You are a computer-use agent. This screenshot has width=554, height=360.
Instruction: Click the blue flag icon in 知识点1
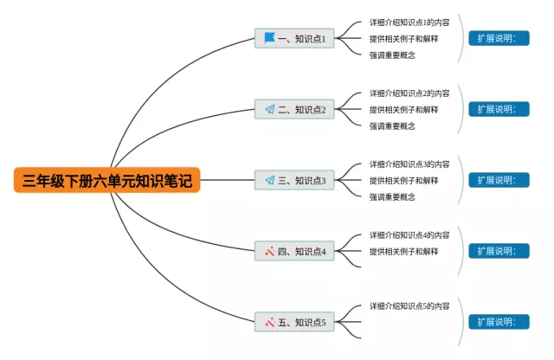tap(269, 38)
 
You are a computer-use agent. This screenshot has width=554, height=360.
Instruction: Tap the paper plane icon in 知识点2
tap(269, 110)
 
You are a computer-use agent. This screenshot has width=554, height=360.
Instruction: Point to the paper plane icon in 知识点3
tap(269, 180)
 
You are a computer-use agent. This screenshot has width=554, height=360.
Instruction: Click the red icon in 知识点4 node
tap(269, 252)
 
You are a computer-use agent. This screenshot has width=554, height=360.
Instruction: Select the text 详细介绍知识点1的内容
tap(409, 22)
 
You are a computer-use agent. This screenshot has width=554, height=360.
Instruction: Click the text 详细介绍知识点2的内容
tap(409, 93)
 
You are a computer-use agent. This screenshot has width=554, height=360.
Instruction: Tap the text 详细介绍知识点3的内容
tap(409, 164)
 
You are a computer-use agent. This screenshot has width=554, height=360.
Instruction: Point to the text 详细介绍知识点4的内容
tap(409, 235)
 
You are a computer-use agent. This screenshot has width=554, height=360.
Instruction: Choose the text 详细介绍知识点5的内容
tap(409, 306)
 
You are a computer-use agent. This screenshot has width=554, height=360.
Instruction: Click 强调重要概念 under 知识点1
tap(392, 55)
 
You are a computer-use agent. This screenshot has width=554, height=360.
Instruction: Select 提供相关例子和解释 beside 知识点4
tap(403, 252)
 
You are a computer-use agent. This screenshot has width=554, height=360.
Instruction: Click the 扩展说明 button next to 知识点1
tap(499, 38)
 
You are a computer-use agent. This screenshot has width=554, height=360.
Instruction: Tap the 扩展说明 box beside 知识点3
tap(499, 180)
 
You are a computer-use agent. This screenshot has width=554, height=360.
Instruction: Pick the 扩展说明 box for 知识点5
tap(499, 322)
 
